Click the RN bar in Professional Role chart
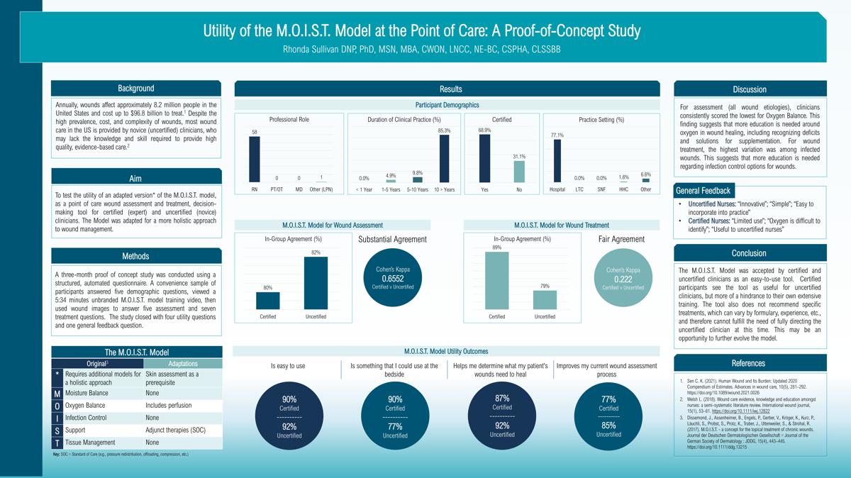(255, 159)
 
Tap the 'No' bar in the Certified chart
(519, 172)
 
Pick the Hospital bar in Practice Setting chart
(557, 161)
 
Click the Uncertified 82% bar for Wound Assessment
(316, 282)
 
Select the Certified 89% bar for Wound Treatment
(496, 280)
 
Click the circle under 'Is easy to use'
(289, 415)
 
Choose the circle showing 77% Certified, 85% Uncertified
(608, 415)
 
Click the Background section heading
(135, 89)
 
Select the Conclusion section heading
(749, 253)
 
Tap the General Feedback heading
(703, 190)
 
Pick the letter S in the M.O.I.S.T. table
(57, 430)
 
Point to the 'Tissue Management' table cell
(91, 442)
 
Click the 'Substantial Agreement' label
(392, 239)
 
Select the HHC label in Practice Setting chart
(623, 189)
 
